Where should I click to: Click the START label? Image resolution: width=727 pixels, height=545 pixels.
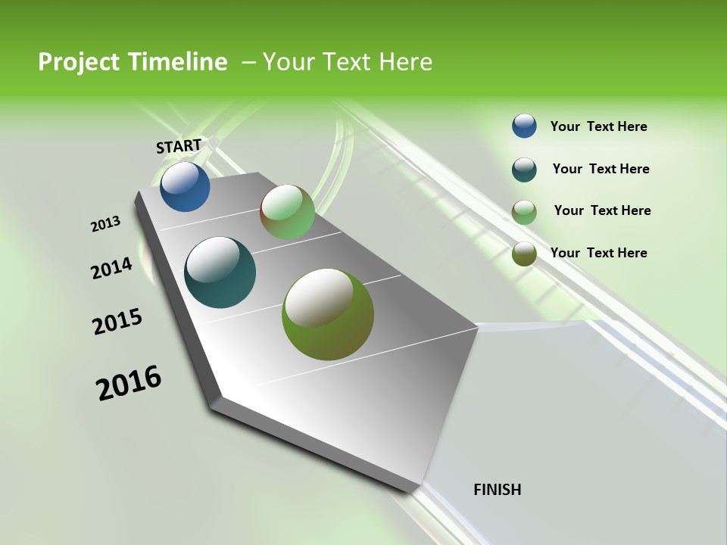click(179, 146)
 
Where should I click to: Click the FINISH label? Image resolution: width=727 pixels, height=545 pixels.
click(497, 490)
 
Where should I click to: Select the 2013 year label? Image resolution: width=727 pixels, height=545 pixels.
click(105, 224)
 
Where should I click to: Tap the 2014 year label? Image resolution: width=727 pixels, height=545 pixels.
click(111, 269)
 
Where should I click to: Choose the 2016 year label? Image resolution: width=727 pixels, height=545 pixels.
click(129, 383)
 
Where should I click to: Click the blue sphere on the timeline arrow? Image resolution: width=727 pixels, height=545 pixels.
click(185, 186)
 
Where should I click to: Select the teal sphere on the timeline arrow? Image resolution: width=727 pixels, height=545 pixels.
click(220, 272)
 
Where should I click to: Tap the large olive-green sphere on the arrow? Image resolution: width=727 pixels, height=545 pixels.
click(328, 314)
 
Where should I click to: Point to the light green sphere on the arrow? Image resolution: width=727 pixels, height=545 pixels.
click(287, 212)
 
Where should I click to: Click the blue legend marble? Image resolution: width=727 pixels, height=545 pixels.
click(524, 126)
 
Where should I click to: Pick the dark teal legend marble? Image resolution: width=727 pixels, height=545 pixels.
click(524, 170)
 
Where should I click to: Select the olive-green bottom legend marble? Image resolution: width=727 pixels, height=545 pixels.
click(524, 254)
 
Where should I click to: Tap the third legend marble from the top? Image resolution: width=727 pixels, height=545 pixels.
click(524, 212)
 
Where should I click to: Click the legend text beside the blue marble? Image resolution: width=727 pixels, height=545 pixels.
click(598, 126)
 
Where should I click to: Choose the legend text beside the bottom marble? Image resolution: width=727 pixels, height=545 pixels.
click(598, 253)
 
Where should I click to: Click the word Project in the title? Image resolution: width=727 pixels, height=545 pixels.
click(79, 62)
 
